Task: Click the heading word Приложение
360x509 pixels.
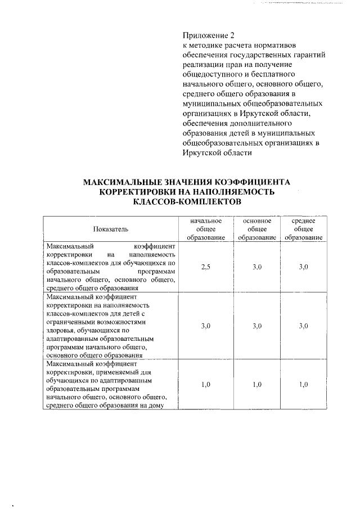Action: click(x=203, y=35)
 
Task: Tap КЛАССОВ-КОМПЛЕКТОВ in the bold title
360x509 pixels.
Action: click(x=186, y=201)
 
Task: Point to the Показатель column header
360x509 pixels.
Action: click(x=111, y=229)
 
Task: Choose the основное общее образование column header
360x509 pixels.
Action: click(x=257, y=229)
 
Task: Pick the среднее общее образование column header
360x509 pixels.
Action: click(x=303, y=229)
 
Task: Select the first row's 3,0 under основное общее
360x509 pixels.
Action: click(x=257, y=267)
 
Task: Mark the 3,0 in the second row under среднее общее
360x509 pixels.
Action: click(x=303, y=326)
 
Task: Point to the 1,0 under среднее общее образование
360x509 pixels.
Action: click(x=303, y=384)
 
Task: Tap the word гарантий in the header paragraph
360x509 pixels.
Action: click(x=307, y=55)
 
